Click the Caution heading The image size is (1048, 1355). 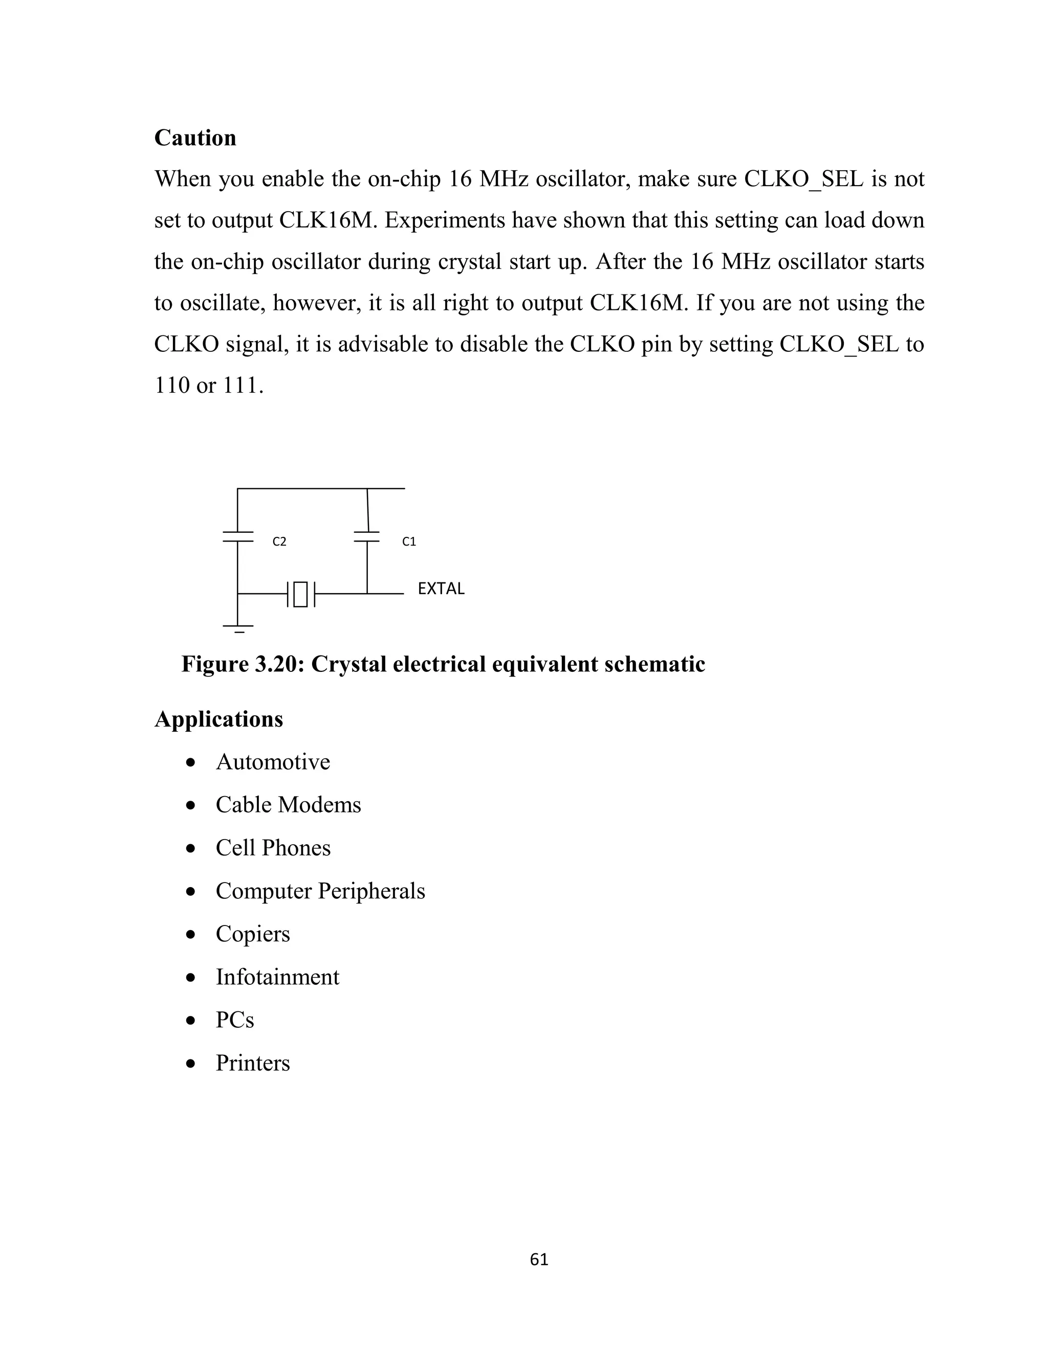(x=195, y=138)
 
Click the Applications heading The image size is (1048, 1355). (x=219, y=719)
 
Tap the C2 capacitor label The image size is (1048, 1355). (x=279, y=541)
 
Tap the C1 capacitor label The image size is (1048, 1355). (x=409, y=541)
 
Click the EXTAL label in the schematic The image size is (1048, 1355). (x=441, y=588)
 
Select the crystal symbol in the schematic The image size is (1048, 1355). (x=300, y=594)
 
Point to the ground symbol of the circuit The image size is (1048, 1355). (x=238, y=628)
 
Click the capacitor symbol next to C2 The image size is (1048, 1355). (x=238, y=537)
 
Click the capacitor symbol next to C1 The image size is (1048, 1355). (x=367, y=537)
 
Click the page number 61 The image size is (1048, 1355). (x=539, y=1259)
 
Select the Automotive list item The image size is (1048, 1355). (x=273, y=762)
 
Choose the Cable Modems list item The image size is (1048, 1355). (x=288, y=805)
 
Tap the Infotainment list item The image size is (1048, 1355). (x=277, y=977)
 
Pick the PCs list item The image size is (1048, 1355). (x=235, y=1020)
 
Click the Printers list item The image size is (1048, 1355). (x=253, y=1063)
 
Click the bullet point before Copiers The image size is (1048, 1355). (x=191, y=934)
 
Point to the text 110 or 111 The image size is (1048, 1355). (x=209, y=386)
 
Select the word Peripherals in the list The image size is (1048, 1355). (x=372, y=891)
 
